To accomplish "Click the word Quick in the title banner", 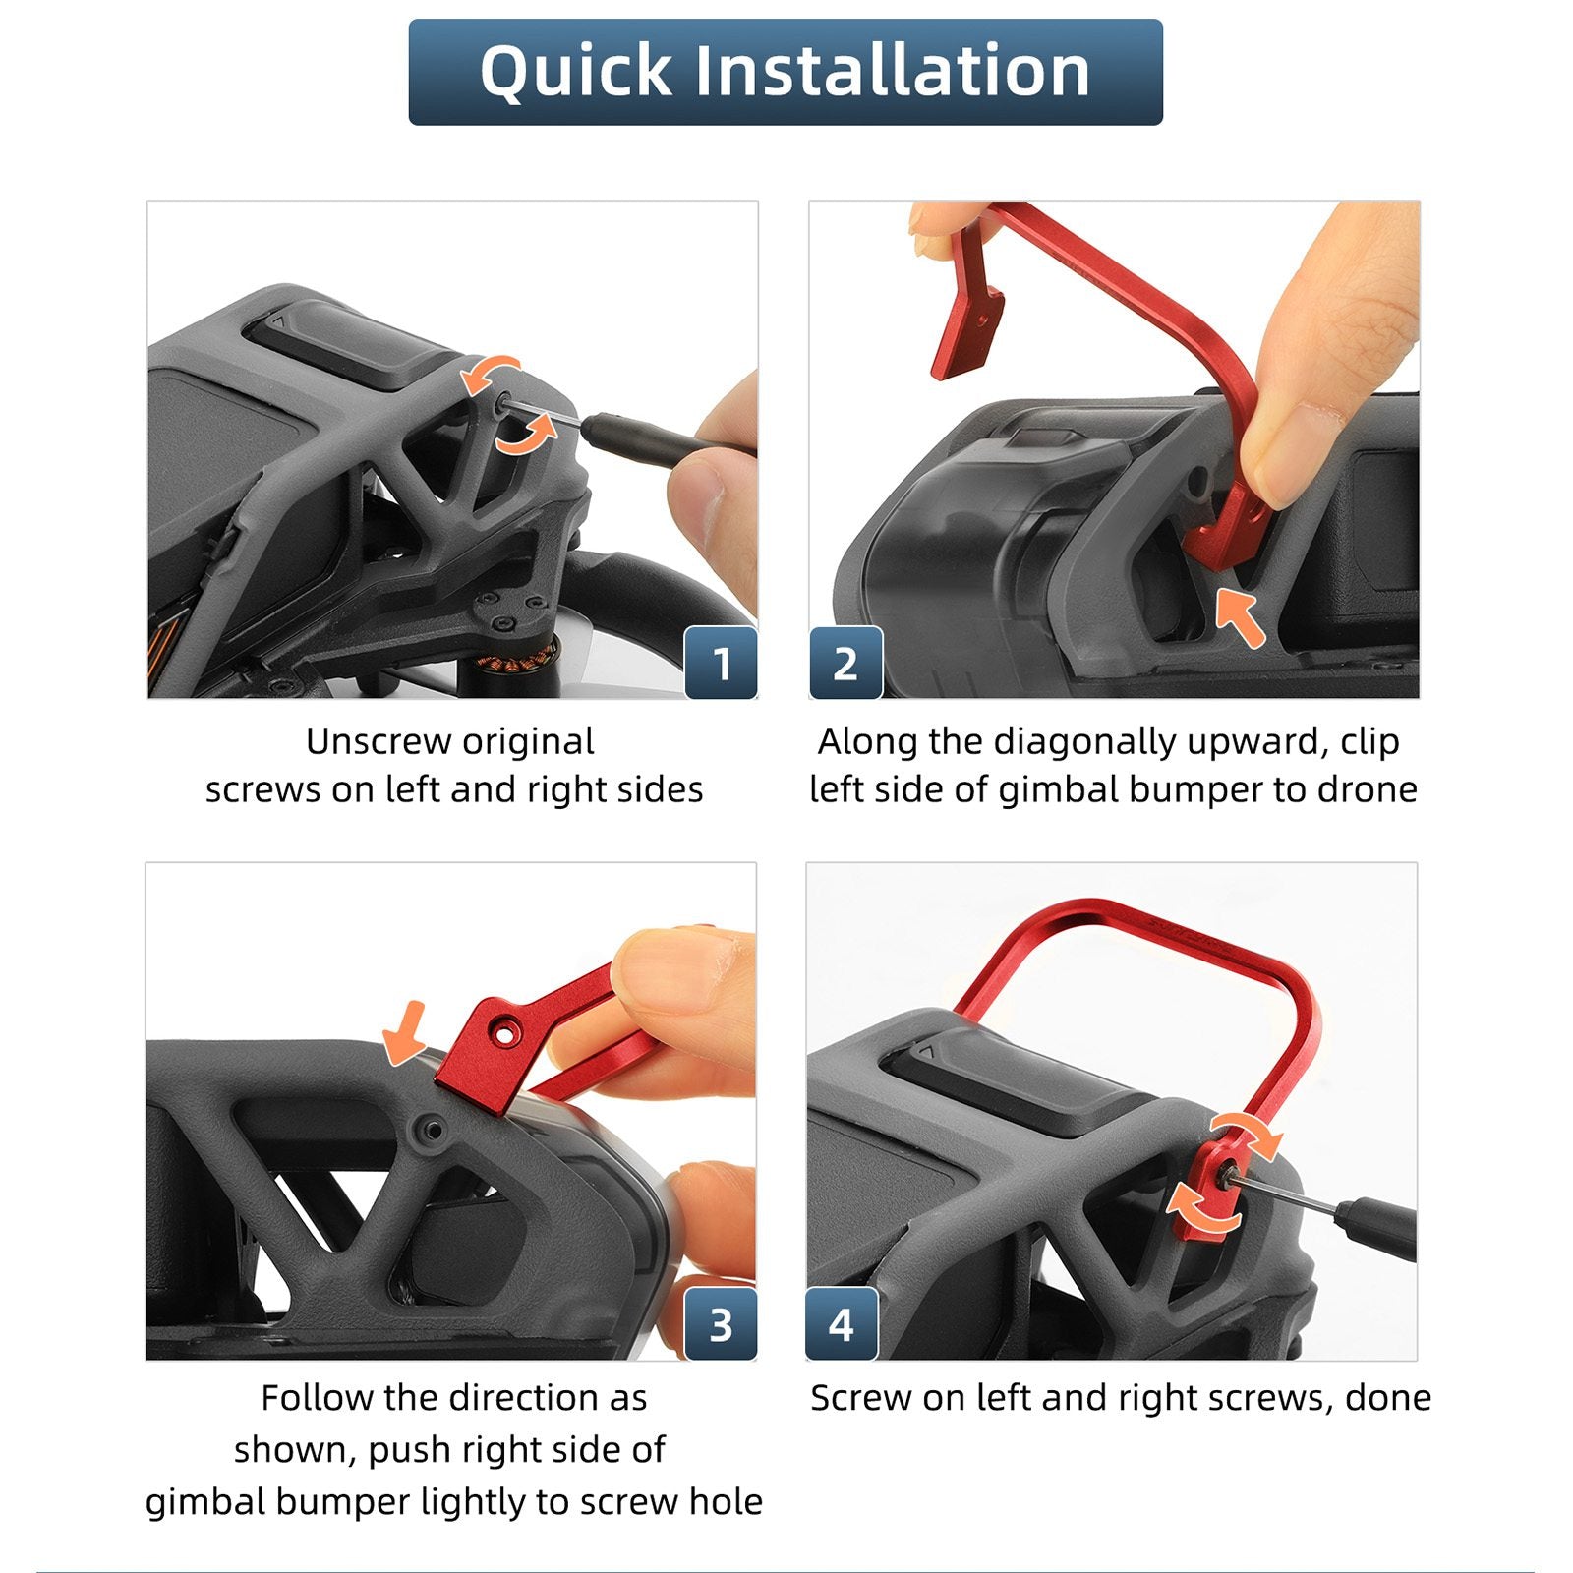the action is click(575, 72).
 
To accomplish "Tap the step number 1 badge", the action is click(721, 662).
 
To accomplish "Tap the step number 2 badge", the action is click(845, 662).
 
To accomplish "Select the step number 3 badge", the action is click(721, 1323).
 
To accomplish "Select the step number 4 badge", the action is click(842, 1323).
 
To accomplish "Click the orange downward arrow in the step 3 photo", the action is click(404, 1033).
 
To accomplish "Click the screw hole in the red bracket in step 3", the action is click(505, 1035).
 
